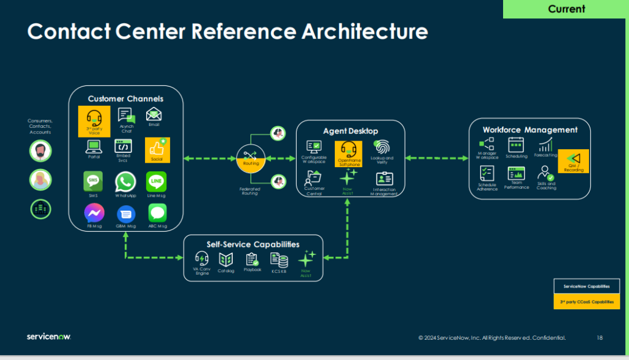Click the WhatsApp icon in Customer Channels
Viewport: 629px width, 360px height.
point(125,182)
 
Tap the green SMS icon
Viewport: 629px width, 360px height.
point(93,182)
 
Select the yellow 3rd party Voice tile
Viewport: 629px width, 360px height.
point(94,120)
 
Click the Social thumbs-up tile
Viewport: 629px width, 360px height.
point(157,149)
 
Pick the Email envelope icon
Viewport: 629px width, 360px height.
point(154,114)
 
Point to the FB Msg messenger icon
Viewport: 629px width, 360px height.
point(94,213)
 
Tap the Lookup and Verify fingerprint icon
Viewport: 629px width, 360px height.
point(382,147)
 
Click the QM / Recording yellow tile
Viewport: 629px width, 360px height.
point(573,161)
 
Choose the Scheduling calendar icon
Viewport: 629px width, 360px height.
point(516,145)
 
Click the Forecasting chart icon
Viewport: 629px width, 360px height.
point(545,145)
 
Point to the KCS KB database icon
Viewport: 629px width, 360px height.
point(279,260)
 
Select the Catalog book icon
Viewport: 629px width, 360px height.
point(226,260)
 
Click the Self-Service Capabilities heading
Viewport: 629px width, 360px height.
point(253,244)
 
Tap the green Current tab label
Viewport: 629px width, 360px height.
point(566,9)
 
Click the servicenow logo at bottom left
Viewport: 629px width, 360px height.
point(49,337)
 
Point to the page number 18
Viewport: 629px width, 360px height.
point(600,338)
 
